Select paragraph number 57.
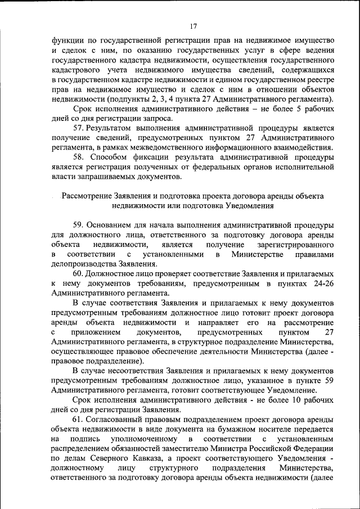point(79,128)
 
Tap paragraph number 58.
point(79,157)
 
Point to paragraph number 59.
point(79,226)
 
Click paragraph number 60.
point(79,274)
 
